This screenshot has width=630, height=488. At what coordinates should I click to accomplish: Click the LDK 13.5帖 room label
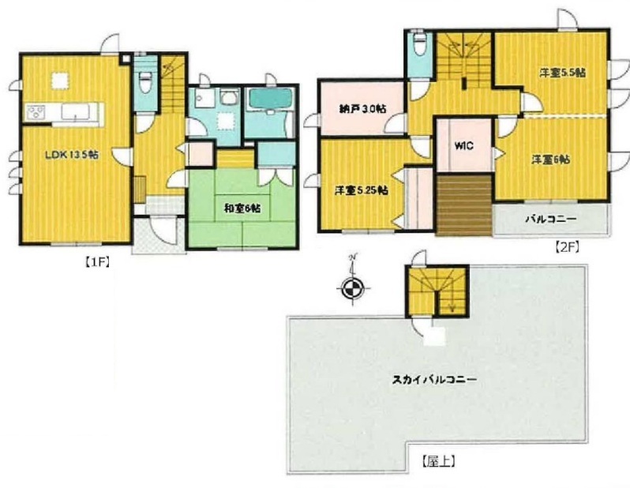[x=72, y=155]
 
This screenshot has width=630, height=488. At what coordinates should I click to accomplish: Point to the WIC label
[x=464, y=145]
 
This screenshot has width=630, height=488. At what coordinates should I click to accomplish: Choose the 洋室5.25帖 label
[x=362, y=190]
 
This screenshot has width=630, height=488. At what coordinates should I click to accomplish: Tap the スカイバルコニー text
[x=434, y=380]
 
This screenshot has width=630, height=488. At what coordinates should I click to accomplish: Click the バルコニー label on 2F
[x=551, y=220]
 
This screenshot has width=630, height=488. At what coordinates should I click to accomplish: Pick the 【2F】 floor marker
[x=567, y=248]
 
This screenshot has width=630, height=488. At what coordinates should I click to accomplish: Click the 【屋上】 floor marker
[x=438, y=461]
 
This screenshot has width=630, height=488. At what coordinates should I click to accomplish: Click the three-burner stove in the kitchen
[x=36, y=112]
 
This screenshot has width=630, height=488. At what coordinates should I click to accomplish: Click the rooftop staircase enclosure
[x=437, y=291]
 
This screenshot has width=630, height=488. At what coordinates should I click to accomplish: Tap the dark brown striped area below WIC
[x=464, y=205]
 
